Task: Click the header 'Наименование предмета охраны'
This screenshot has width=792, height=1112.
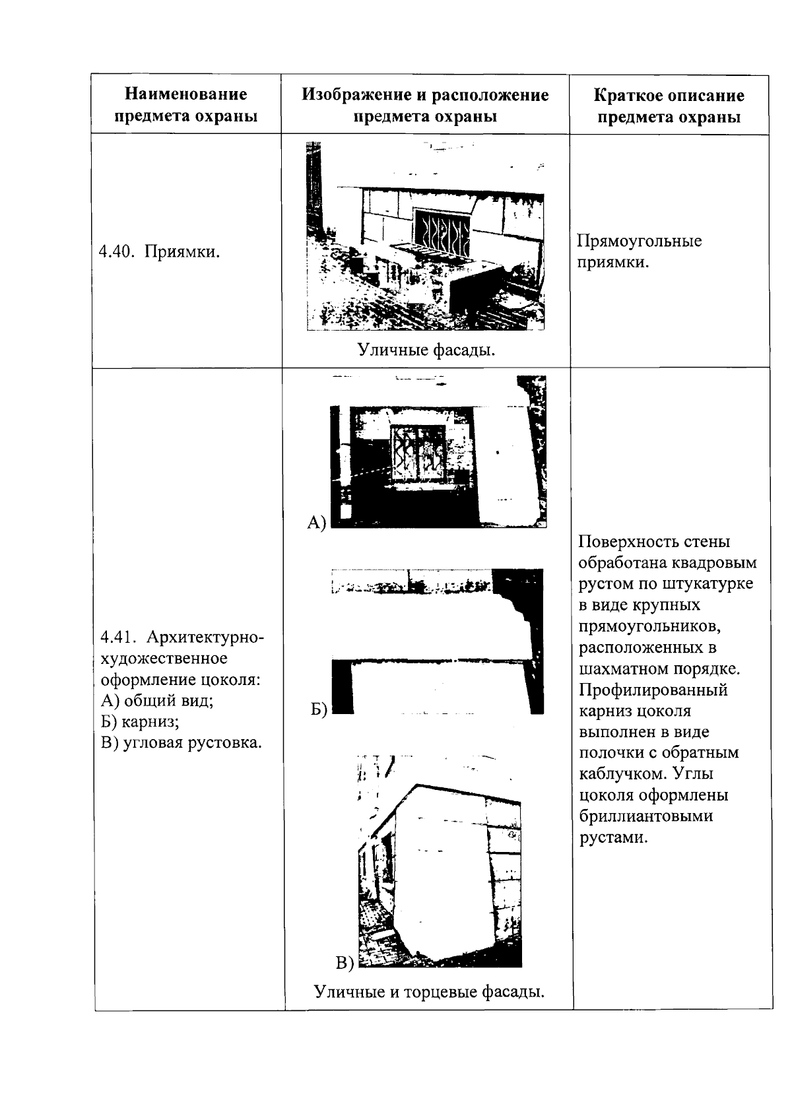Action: tap(185, 105)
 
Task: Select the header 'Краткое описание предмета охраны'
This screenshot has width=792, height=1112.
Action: tap(669, 106)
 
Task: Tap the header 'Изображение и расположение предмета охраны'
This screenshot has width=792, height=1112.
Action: tap(425, 105)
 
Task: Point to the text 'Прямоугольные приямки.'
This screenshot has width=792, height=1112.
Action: tap(639, 251)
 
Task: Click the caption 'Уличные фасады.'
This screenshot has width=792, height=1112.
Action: tap(426, 350)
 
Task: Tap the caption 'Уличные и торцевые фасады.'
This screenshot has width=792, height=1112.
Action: tap(429, 991)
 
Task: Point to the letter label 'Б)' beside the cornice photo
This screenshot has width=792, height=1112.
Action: tap(319, 709)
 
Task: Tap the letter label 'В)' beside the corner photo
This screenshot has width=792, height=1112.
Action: tap(345, 963)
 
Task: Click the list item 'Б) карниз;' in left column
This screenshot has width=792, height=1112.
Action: tap(140, 721)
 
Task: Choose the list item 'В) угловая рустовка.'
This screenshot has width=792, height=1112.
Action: tap(181, 742)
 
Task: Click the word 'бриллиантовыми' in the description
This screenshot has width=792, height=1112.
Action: tap(645, 816)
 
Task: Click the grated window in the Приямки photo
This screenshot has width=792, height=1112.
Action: tap(441, 232)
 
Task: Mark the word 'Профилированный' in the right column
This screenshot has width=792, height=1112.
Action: tap(653, 690)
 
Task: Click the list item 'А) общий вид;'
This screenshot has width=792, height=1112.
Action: tap(157, 700)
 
